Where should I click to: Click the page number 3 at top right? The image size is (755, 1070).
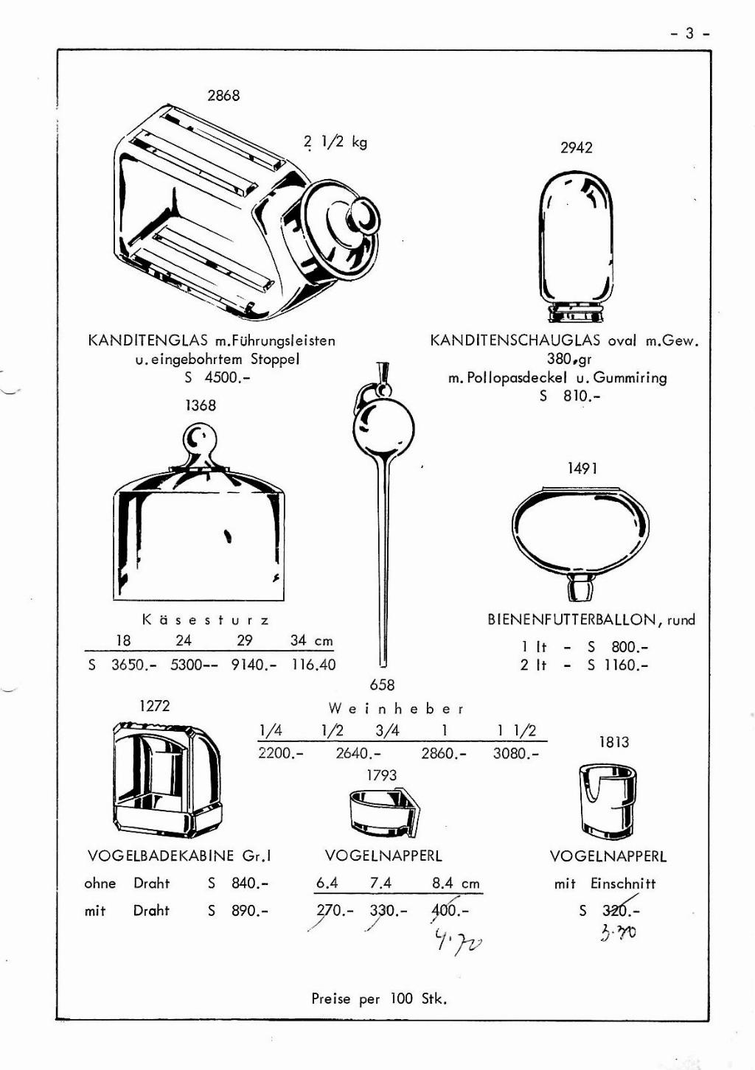[690, 33]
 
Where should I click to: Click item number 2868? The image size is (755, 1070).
[223, 95]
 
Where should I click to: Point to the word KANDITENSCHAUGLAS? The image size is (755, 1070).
[515, 340]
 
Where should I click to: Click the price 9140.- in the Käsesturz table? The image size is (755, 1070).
[254, 665]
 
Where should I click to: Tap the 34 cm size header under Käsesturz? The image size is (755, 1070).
[311, 640]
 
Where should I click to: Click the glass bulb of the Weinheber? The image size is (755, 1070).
[383, 430]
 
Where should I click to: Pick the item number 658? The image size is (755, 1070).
[382, 685]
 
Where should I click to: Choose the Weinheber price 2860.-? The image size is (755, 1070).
[444, 754]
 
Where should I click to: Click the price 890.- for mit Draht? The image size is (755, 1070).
[250, 911]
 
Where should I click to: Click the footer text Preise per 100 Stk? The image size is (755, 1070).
[379, 999]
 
